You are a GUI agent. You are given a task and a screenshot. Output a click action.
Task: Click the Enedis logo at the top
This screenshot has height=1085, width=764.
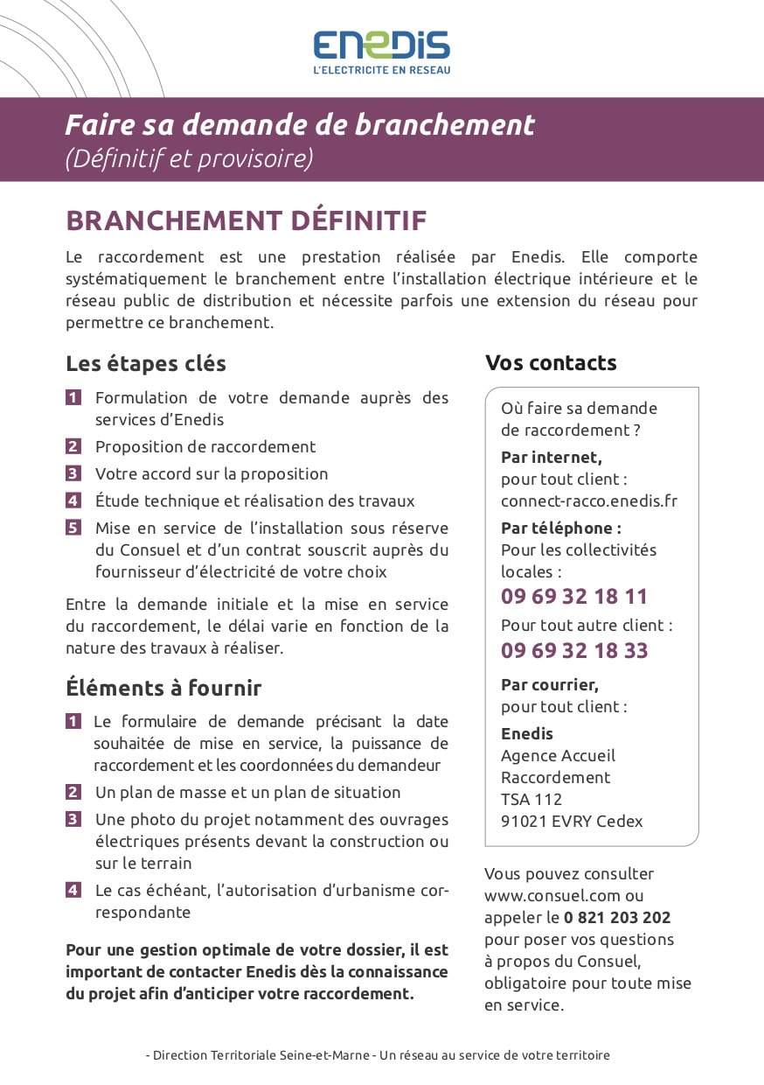click(x=382, y=51)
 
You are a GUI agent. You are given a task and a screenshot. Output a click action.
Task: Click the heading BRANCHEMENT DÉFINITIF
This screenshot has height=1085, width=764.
click(x=246, y=220)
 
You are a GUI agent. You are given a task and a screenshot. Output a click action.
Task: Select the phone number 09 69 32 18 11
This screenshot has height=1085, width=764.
click(x=574, y=597)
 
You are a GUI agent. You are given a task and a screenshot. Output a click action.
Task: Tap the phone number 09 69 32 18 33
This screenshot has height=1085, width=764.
click(x=574, y=650)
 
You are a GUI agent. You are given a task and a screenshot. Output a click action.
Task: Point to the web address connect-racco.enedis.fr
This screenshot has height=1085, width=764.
click(x=588, y=501)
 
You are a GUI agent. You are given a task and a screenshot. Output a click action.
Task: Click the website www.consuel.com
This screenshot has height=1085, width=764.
click(x=552, y=896)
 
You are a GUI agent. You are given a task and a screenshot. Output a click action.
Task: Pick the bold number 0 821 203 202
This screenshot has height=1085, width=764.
click(x=617, y=918)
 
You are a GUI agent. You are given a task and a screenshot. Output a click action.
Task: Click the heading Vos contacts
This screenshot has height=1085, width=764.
click(x=551, y=363)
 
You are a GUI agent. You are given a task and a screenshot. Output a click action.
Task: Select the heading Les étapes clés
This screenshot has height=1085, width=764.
click(x=146, y=363)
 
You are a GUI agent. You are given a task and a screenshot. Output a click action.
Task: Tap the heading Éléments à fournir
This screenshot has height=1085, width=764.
click(x=163, y=688)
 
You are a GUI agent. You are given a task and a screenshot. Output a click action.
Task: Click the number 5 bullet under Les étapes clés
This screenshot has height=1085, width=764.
click(x=73, y=528)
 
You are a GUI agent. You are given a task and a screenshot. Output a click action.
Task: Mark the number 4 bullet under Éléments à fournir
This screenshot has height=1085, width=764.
click(x=73, y=890)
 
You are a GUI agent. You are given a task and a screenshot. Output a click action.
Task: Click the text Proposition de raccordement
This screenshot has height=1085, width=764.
click(x=205, y=446)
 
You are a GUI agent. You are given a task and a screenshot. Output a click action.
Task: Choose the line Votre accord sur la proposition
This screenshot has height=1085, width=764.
click(x=212, y=473)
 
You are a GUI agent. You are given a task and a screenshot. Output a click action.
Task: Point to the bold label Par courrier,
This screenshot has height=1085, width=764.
click(x=550, y=684)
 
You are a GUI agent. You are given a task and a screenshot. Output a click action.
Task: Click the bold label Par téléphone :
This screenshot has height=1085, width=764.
click(x=560, y=528)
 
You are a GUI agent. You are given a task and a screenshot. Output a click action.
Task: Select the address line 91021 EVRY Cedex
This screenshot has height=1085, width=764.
click(x=572, y=821)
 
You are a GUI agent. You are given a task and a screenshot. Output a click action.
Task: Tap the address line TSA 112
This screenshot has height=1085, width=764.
click(x=531, y=799)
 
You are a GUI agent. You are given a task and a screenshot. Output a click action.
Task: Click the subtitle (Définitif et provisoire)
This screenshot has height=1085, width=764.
click(x=189, y=158)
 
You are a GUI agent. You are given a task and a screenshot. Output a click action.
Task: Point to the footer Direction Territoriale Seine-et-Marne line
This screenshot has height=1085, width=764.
click(x=378, y=1055)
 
